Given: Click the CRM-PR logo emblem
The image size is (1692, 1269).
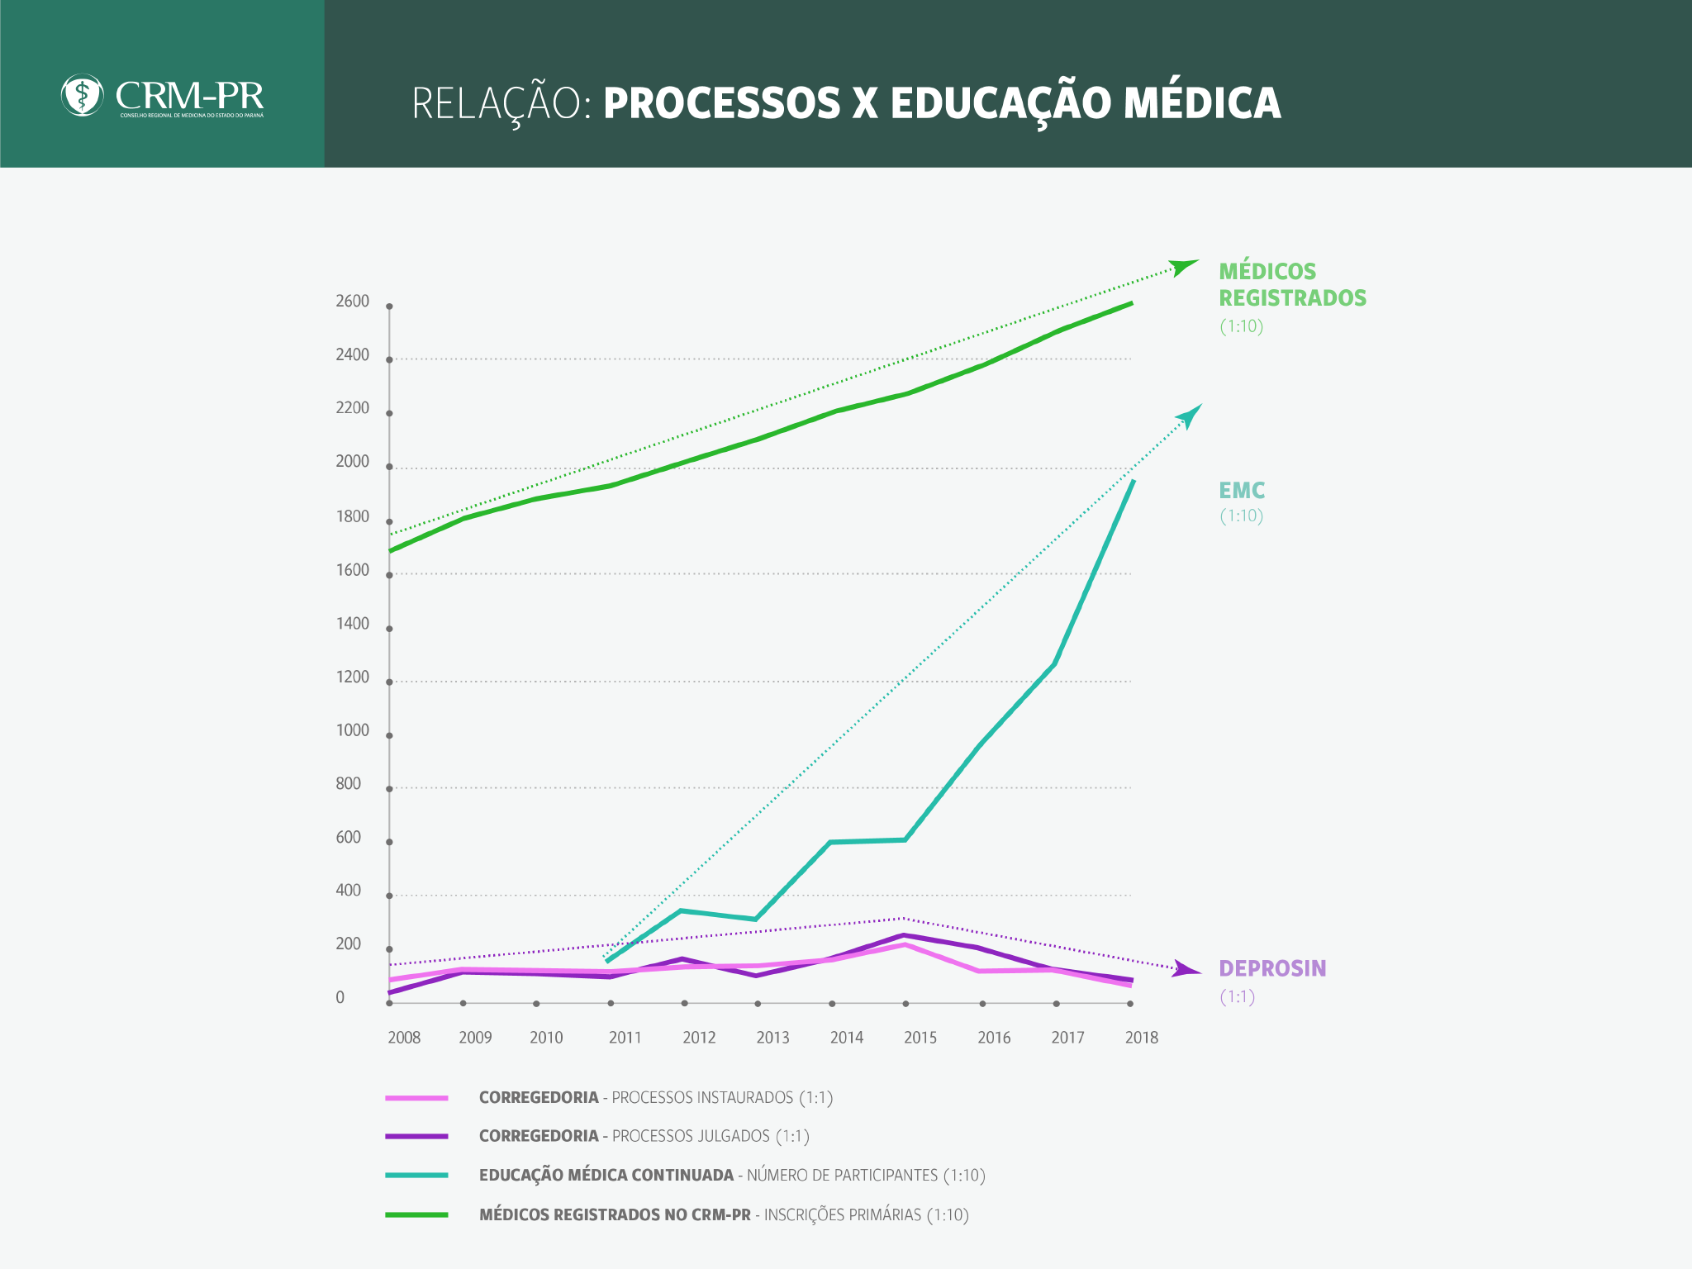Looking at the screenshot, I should [x=82, y=96].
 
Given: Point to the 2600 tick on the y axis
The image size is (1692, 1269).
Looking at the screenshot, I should [x=389, y=307].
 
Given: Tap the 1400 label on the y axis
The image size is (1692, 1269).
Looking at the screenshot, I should [x=352, y=624].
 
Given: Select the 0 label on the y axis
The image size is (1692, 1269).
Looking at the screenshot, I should [x=340, y=998].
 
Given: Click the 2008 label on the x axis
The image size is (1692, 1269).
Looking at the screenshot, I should [x=404, y=1038].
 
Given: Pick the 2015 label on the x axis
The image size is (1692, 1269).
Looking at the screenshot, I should [x=920, y=1038].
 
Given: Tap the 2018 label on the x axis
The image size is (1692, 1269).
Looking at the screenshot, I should [x=1142, y=1038].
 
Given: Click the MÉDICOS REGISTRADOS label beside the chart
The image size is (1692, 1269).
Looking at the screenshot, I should [x=1292, y=284].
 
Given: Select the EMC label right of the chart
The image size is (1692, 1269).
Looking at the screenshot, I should [x=1242, y=491].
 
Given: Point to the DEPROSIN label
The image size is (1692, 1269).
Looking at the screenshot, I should [x=1272, y=968].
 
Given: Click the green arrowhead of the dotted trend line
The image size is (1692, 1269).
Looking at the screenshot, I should [x=1186, y=267].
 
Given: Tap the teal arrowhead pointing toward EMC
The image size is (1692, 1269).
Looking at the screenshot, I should [x=1190, y=416].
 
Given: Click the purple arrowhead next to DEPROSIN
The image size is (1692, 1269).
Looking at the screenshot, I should [x=1186, y=970].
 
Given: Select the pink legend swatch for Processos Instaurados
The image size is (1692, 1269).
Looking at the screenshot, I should [x=416, y=1098].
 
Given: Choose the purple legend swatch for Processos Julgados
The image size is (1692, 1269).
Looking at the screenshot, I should [x=416, y=1137].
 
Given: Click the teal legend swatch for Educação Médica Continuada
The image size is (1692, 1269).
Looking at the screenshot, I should [x=416, y=1175].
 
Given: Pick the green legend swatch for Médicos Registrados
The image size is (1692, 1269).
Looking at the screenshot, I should [x=416, y=1214].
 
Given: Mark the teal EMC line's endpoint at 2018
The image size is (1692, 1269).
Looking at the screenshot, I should [x=1133, y=482].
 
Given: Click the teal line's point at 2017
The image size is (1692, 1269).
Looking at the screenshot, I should [x=1055, y=664].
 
